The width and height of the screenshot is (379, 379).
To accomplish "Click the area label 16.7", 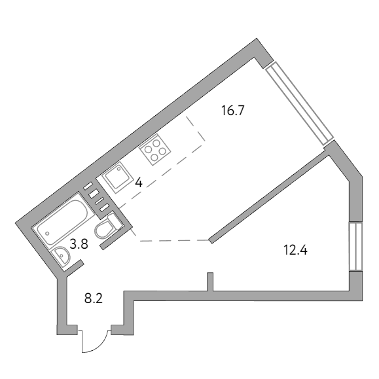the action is point(233,111).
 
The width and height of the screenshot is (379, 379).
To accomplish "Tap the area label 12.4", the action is point(295,250).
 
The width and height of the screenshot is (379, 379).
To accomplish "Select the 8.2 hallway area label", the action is point(94,298).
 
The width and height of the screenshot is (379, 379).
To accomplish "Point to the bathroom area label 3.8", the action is point(79,244).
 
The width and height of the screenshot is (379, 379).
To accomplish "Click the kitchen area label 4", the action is point(139,183).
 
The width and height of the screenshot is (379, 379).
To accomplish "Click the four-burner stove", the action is point(154,150).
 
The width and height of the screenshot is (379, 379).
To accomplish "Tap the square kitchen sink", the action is point(118,177).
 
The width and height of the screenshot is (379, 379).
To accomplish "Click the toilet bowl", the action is point(104,230).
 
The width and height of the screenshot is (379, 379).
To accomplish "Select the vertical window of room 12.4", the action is point(355,246).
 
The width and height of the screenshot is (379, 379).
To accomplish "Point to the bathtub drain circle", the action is point(47,234).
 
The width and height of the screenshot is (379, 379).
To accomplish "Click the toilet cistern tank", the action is point(115,221).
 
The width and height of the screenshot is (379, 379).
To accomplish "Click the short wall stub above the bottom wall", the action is point(210,282).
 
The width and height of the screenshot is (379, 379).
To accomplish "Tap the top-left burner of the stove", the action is point(148,149).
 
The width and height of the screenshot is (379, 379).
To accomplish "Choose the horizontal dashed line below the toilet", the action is point(175,241).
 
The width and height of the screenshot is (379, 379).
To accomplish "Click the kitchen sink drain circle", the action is point(119,169).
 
